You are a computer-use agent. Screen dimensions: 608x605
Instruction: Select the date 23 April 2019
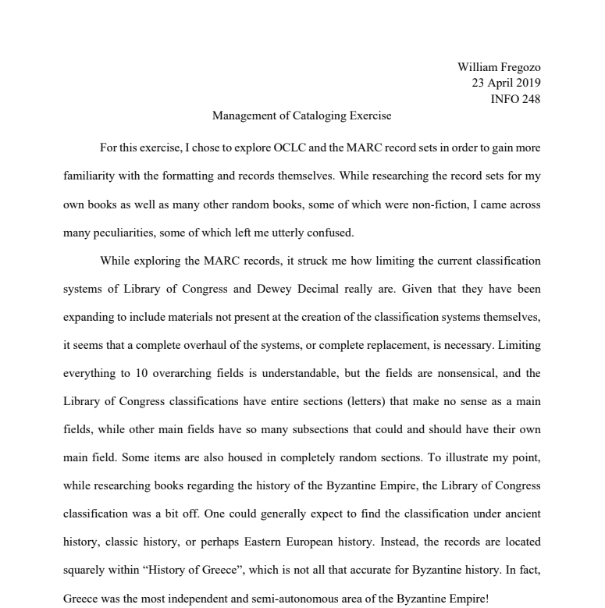coord(506,83)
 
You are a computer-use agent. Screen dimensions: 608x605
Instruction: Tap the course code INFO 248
coord(514,98)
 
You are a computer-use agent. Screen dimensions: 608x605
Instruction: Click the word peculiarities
coord(123,232)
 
